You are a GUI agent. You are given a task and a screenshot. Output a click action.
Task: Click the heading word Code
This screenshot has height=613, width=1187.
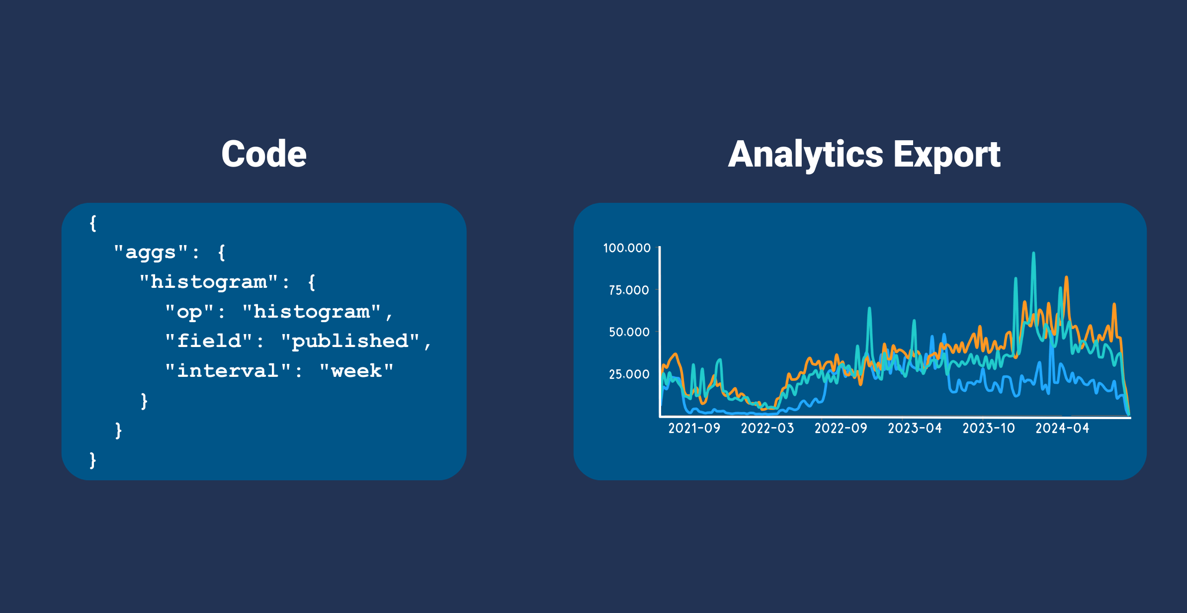pos(264,154)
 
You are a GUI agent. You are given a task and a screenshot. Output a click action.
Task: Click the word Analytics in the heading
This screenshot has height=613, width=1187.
pos(805,155)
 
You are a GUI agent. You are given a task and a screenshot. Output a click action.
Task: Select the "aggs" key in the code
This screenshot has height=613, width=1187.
pos(151,252)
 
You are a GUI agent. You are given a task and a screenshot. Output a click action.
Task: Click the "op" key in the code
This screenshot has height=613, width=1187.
pos(189,312)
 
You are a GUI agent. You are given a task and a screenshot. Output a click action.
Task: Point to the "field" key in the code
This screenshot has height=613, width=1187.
pos(209,341)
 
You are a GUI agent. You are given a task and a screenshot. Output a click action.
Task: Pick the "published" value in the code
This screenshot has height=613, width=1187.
pos(350,341)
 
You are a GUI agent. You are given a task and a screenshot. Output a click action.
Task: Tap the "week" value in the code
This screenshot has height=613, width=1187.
pos(356,371)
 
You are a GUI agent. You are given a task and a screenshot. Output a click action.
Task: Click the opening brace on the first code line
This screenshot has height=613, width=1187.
pos(93,223)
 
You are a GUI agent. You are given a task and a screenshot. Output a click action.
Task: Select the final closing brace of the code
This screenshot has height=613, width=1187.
pos(93,460)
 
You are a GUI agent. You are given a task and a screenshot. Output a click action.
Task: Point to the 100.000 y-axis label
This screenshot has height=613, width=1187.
pos(627,248)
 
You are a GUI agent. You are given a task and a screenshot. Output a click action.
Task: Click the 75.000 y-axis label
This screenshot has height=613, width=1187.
pos(629,290)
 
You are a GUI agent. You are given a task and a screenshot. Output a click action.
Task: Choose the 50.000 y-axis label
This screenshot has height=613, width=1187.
pos(629,332)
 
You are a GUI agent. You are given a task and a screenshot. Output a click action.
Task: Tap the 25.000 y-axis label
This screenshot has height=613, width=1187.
pos(629,374)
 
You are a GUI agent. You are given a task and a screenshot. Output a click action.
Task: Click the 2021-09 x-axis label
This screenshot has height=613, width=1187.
pos(694,428)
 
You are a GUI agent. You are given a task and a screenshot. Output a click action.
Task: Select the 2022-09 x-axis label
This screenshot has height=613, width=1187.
pos(841,428)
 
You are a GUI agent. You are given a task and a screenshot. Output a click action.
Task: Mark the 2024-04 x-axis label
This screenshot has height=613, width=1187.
pos(1062,428)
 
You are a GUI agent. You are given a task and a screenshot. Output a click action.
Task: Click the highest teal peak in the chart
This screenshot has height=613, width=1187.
pos(1033,254)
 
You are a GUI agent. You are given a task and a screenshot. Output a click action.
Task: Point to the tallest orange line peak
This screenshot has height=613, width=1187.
pos(1067,277)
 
